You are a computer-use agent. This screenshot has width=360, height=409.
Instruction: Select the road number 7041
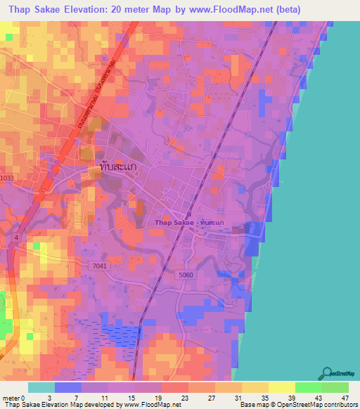100,265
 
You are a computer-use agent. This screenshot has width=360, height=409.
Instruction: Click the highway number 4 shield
16,239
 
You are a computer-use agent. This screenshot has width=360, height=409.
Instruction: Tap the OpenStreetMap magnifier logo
326,373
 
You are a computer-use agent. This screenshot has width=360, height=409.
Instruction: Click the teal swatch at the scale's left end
41,387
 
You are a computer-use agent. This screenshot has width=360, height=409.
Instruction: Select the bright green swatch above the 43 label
308,387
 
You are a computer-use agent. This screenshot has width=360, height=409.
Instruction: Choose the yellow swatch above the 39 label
281,387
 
